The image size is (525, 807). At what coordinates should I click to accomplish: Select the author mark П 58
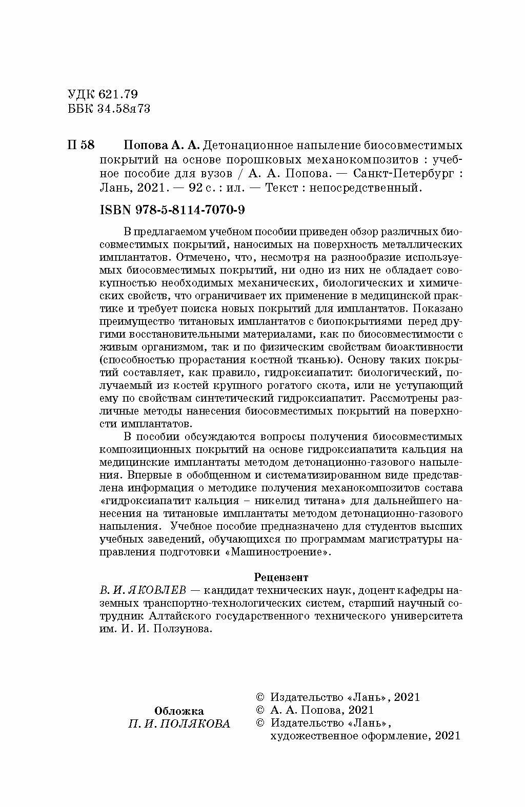(x=81, y=144)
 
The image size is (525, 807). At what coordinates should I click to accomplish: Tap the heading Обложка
(x=179, y=711)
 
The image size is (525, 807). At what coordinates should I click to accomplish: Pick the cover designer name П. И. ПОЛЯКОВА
(x=179, y=723)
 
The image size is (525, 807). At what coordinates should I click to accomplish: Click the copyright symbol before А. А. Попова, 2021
(x=259, y=710)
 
